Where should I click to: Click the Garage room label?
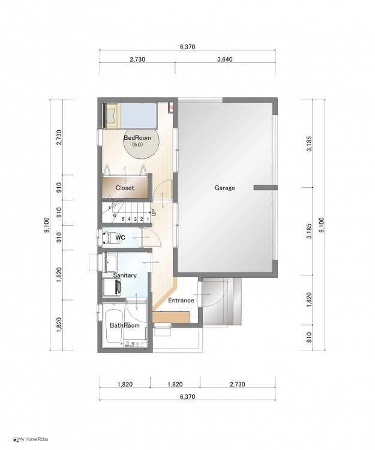224,188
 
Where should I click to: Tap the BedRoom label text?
137,137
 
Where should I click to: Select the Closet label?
125,188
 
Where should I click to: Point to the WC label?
120,238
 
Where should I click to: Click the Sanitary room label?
125,275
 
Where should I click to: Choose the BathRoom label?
125,325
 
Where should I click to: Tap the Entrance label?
181,300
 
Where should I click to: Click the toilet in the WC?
109,238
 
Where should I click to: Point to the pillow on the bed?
110,115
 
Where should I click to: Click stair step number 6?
115,215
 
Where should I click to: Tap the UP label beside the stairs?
154,212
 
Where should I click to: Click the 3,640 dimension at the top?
225,59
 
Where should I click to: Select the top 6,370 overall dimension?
188,47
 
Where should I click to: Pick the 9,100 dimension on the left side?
47,225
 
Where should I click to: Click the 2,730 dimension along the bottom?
237,384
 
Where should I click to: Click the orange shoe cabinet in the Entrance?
171,317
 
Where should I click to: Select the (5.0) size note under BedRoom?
137,145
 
